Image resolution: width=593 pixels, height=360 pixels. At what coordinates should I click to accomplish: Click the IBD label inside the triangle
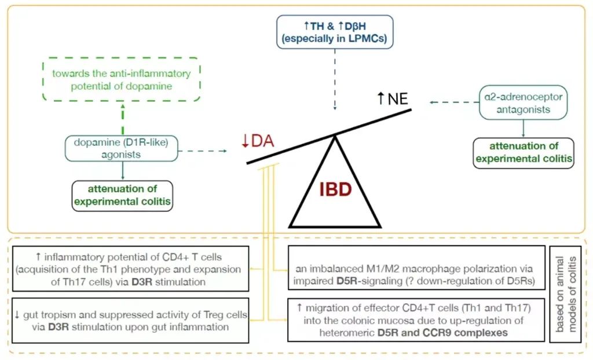(x=335, y=189)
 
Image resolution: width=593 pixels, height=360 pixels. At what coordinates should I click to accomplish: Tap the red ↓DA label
(x=258, y=141)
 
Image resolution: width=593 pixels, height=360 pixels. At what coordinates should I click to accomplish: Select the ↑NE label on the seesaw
(x=393, y=98)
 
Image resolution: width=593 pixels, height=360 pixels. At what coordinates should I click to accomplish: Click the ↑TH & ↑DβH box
(x=335, y=32)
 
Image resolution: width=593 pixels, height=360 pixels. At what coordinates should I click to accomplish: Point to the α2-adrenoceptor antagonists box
(x=524, y=102)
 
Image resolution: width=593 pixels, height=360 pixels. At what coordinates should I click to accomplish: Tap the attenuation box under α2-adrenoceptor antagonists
(x=524, y=152)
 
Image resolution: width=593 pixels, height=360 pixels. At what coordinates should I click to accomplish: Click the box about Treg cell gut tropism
(x=130, y=321)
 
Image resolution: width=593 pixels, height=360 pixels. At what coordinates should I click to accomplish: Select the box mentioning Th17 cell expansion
(x=130, y=268)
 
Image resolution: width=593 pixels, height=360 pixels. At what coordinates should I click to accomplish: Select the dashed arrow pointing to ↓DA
(x=204, y=152)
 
